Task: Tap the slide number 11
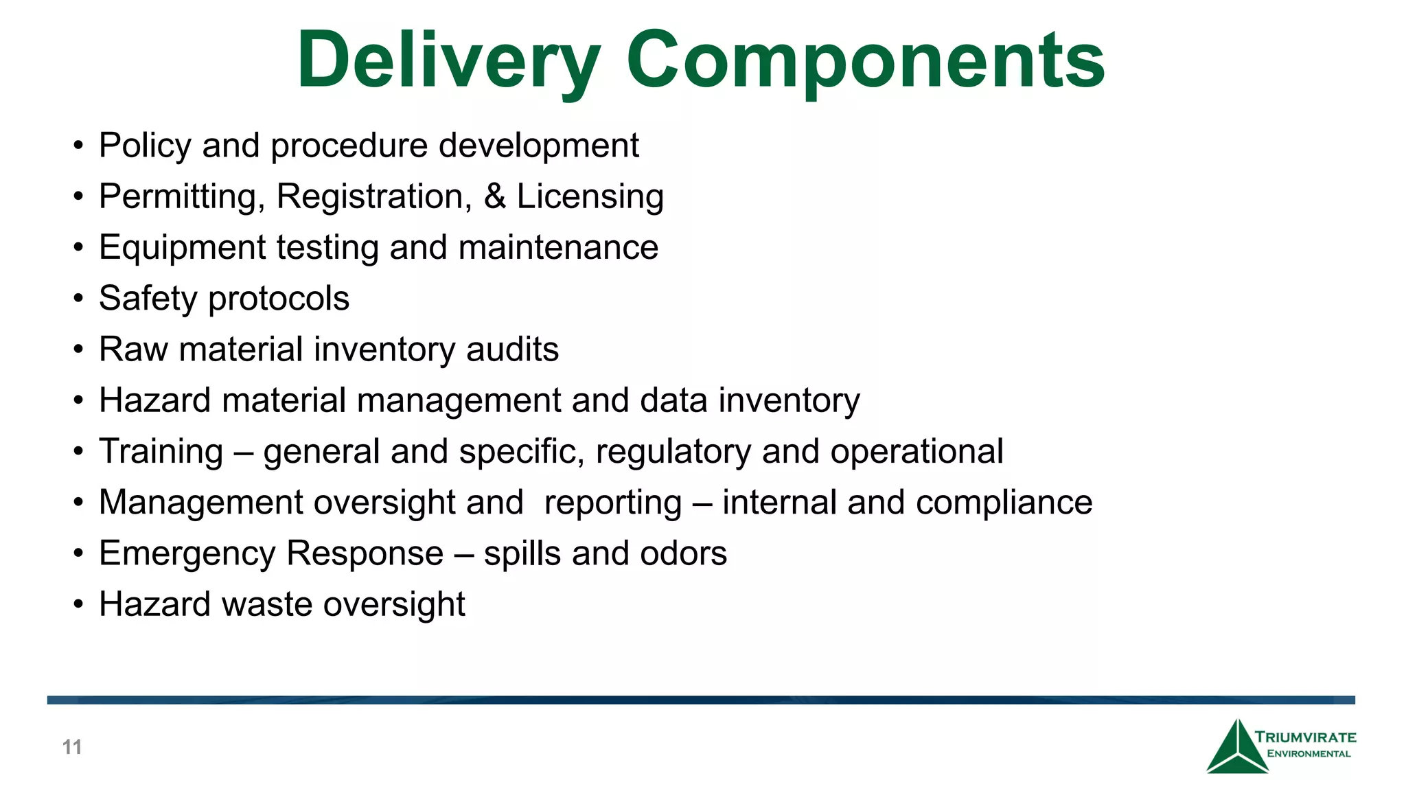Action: pyautogui.click(x=72, y=747)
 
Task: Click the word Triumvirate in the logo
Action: pyautogui.click(x=1305, y=737)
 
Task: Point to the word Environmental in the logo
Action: pyautogui.click(x=1309, y=754)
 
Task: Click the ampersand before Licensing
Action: pyautogui.click(x=495, y=196)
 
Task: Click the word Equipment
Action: pyautogui.click(x=182, y=247)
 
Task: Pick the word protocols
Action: pyautogui.click(x=279, y=299)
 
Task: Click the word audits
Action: pyautogui.click(x=512, y=349)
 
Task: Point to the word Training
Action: pyautogui.click(x=161, y=452)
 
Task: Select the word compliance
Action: pyautogui.click(x=1004, y=503)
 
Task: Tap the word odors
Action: pyautogui.click(x=683, y=553)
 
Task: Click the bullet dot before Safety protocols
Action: pyautogui.click(x=79, y=299)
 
